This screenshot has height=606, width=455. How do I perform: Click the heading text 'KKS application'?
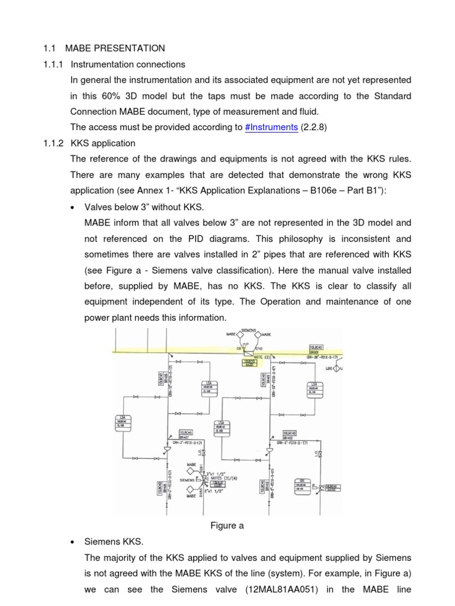pyautogui.click(x=103, y=143)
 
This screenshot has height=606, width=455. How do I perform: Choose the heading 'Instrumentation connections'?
pyautogui.click(x=127, y=64)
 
